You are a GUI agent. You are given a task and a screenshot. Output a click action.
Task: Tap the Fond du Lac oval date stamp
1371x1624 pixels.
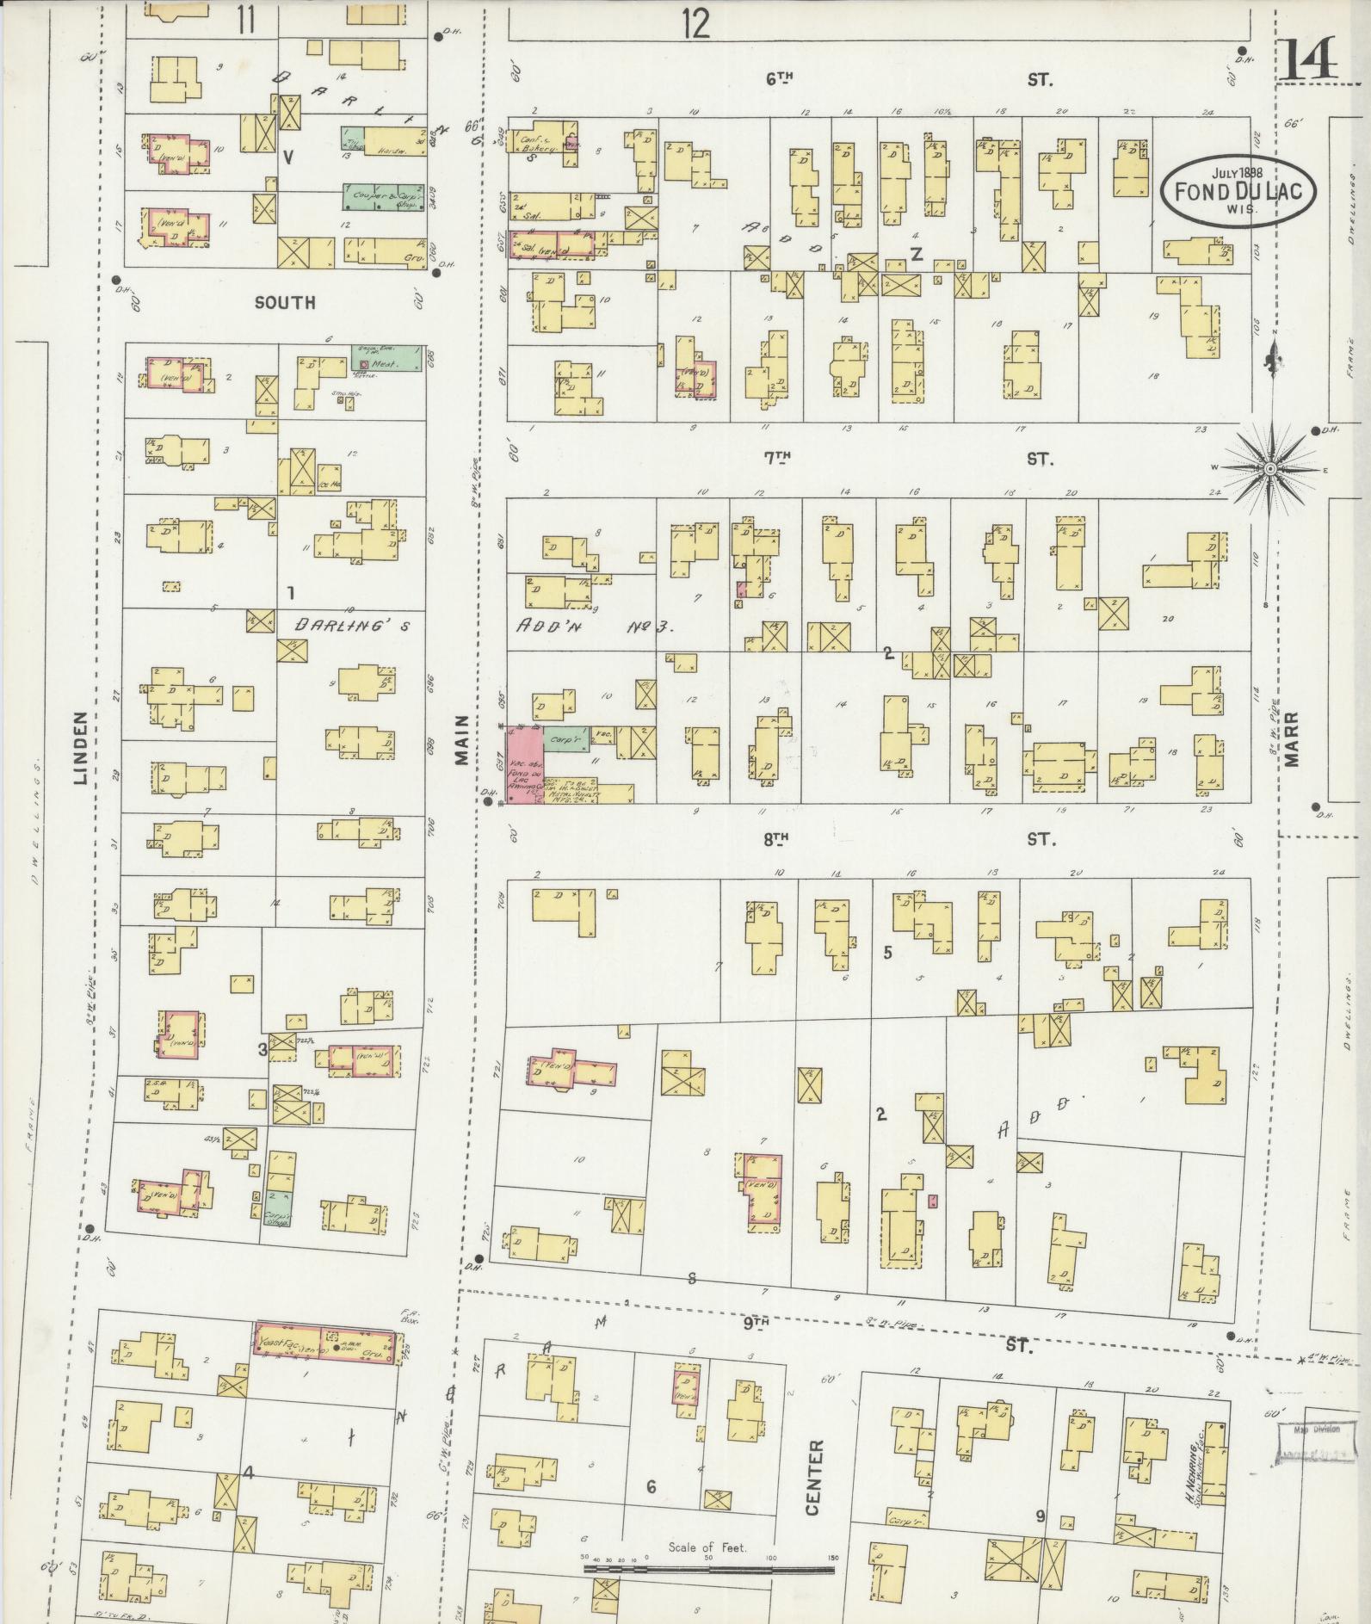[x=1238, y=190]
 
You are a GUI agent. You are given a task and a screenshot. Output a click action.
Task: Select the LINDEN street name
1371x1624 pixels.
[x=82, y=748]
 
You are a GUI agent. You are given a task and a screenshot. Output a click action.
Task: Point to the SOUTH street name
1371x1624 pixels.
[x=285, y=302]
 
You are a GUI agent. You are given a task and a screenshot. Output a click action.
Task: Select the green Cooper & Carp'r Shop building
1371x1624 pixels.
[x=383, y=196]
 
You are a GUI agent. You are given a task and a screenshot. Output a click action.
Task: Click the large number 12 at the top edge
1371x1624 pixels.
[x=695, y=24]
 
